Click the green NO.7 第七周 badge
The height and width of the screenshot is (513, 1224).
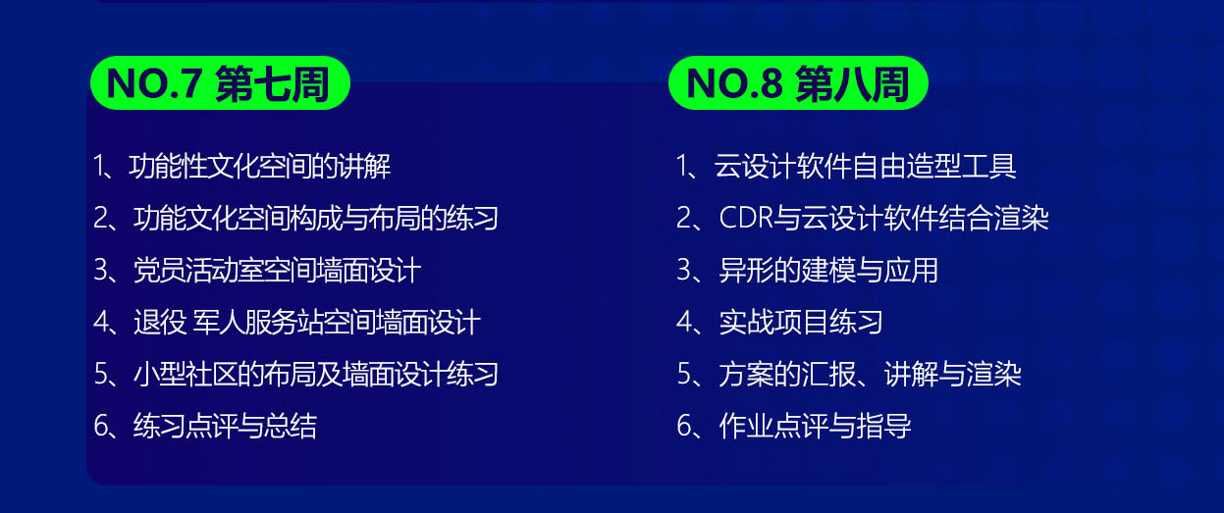coord(220,83)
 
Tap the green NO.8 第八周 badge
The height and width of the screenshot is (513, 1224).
coord(798,83)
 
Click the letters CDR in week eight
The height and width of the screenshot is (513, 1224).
coord(746,218)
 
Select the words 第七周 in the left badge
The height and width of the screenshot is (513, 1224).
coord(273,83)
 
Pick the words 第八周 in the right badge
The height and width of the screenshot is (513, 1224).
coord(852,83)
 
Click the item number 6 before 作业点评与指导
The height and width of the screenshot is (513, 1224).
coord(685,426)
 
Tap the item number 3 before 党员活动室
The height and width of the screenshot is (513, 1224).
coord(101,270)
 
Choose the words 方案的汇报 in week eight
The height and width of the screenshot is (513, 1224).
coord(787,375)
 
